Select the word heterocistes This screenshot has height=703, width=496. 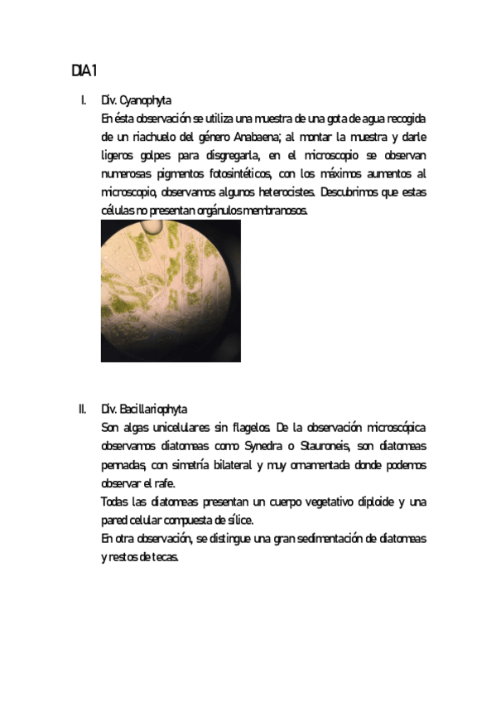click(282, 192)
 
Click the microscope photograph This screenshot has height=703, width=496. click(171, 291)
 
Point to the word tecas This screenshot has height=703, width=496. click(164, 557)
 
